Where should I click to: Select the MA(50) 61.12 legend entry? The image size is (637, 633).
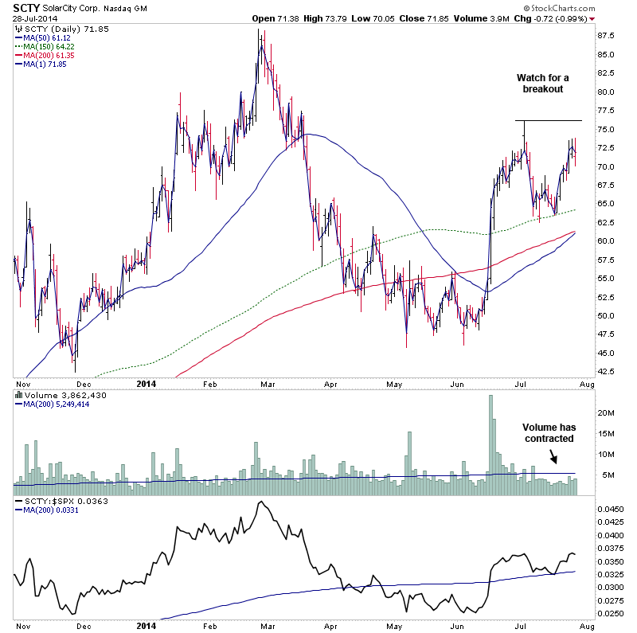[47, 37]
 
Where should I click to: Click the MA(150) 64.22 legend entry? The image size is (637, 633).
[49, 46]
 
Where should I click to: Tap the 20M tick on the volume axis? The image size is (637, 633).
[608, 412]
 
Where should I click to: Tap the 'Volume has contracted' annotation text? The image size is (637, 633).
[549, 433]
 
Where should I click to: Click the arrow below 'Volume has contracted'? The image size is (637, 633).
[554, 457]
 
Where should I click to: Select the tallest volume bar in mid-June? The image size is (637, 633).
[490, 437]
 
